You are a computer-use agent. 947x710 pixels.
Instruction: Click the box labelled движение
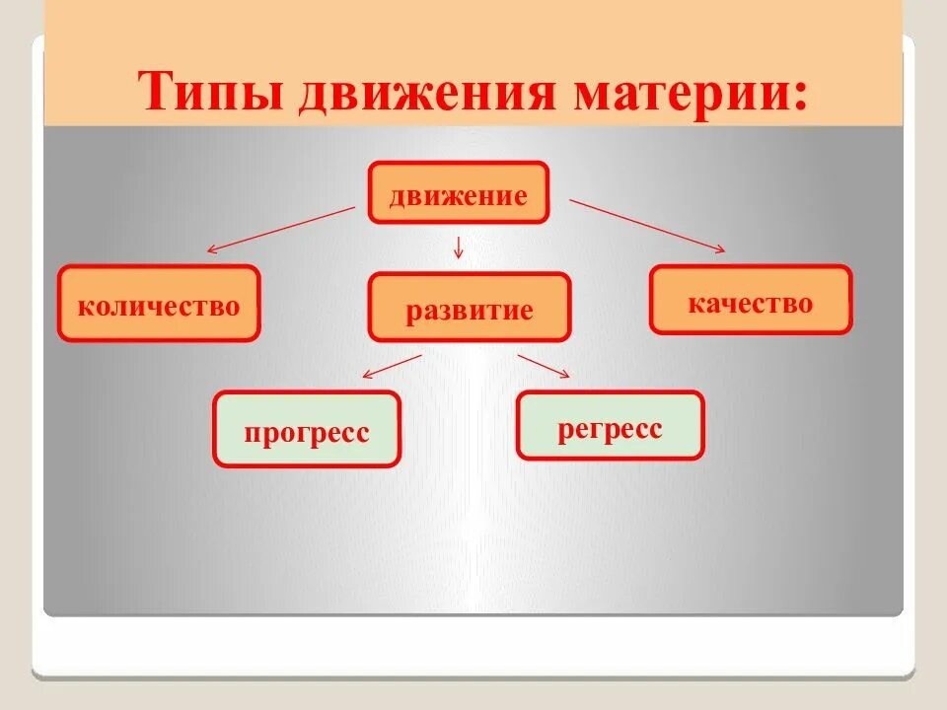[458, 193]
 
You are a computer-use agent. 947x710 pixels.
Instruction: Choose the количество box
[158, 304]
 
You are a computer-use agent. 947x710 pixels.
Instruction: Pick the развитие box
[470, 309]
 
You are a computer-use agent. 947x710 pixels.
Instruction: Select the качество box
[751, 300]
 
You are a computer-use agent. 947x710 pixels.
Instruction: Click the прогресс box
[307, 429]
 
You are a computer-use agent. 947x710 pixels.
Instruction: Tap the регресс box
[610, 425]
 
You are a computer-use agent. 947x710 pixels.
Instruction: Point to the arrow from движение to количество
[280, 230]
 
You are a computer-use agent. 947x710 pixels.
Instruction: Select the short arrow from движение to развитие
[458, 247]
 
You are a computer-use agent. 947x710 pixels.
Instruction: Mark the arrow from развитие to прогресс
[393, 365]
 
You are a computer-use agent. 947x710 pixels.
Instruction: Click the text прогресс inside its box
[307, 432]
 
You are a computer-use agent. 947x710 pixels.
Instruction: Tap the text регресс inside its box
[610, 429]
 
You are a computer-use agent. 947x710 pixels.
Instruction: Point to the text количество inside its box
[158, 305]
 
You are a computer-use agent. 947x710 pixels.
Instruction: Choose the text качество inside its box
[751, 302]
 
